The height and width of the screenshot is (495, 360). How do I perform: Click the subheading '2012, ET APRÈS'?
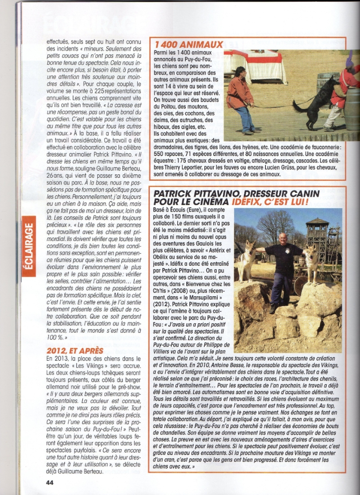click(75, 351)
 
